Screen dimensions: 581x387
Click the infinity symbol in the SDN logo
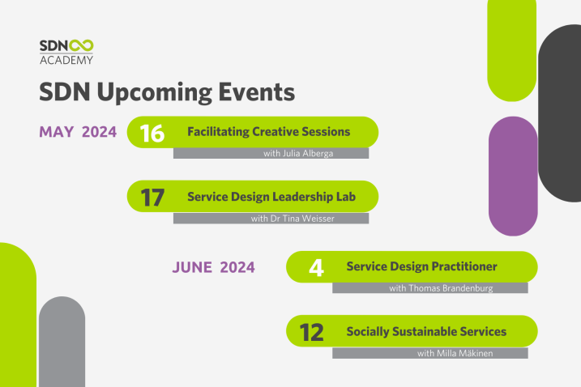[82, 46]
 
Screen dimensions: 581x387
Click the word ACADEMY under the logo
[66, 60]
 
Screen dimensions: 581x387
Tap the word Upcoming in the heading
[154, 92]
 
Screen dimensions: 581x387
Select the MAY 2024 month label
[78, 132]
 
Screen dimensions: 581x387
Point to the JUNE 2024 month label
[213, 267]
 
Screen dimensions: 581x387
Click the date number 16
[152, 134]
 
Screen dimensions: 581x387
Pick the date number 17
[152, 198]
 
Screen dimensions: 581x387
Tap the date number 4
[316, 268]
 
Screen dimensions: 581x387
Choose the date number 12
[311, 333]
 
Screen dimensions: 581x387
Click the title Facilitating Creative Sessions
[269, 132]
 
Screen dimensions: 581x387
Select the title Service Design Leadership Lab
[271, 197]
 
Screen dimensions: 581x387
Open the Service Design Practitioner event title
[421, 266]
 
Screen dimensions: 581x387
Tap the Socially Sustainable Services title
[426, 331]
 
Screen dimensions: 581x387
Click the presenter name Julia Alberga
[308, 153]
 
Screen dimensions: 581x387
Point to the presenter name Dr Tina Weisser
[302, 219]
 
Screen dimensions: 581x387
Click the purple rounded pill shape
[513, 176]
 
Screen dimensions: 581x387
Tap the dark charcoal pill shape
[559, 113]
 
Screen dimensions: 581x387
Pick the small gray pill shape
[62, 342]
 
